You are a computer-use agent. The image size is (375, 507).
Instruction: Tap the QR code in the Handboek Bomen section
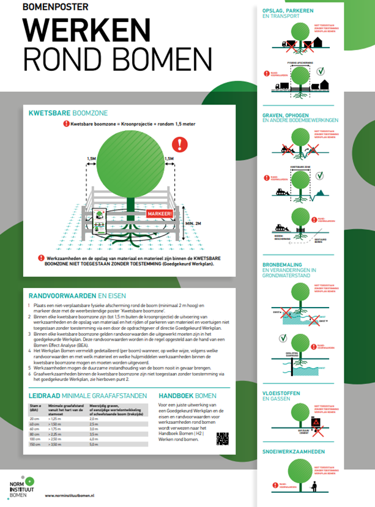click(222, 438)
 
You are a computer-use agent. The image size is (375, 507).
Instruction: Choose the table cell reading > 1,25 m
click(56, 418)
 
